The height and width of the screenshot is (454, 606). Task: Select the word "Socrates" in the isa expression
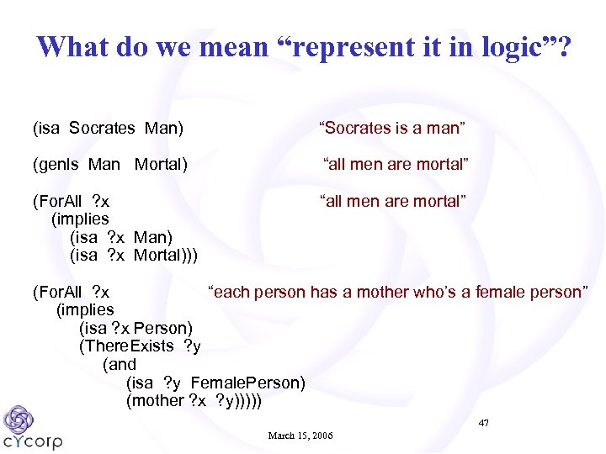(x=102, y=128)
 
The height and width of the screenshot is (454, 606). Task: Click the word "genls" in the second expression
(x=57, y=164)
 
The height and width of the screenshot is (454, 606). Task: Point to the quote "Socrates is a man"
(x=393, y=128)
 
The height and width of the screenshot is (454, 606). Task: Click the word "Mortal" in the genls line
(x=161, y=164)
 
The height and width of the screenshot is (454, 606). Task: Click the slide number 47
(x=483, y=422)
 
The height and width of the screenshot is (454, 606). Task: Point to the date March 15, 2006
(x=300, y=436)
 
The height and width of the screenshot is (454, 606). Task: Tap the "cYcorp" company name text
(x=33, y=441)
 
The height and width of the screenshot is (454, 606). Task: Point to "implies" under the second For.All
(x=85, y=309)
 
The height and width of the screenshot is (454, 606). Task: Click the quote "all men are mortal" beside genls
(x=396, y=164)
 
